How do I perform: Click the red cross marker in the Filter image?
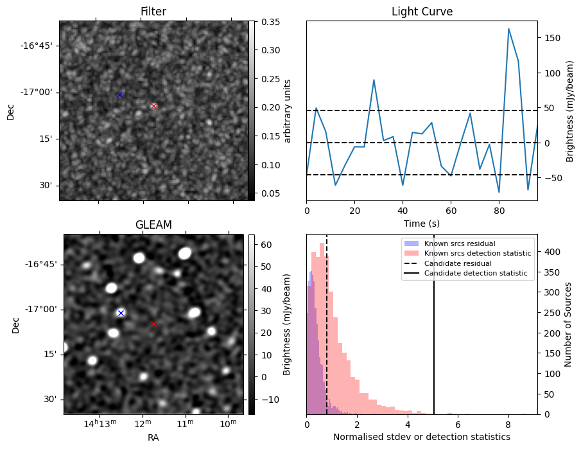coord(153,106)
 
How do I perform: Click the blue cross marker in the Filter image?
coord(119,94)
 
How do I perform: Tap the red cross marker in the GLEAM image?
coord(153,324)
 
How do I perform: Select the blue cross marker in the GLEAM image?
coord(121,313)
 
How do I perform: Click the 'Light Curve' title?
coord(422,12)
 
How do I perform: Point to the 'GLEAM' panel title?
coord(153,225)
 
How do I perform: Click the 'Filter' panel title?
coord(153,12)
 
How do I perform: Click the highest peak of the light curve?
coord(508,29)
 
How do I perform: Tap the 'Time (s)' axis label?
coord(422,223)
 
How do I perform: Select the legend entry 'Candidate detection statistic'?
coord(476,273)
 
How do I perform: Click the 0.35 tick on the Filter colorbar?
coord(270,22)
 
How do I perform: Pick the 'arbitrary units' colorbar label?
coord(288,110)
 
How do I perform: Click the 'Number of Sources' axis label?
coord(568,324)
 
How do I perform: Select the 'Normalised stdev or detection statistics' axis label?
coord(422,437)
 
